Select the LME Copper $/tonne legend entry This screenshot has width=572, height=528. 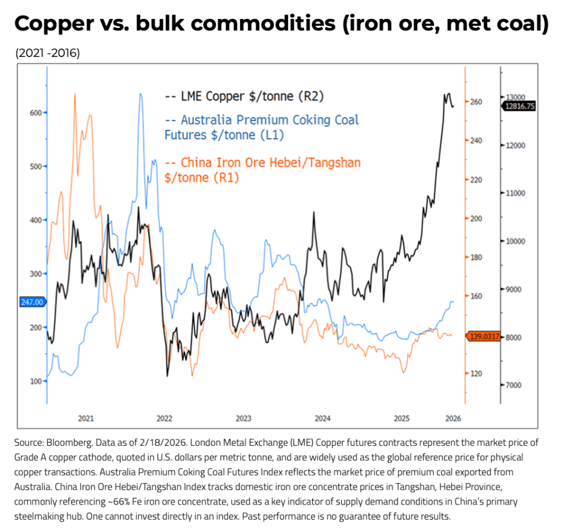[245, 96]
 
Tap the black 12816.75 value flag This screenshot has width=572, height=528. [518, 106]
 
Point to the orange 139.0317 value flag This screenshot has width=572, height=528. [481, 337]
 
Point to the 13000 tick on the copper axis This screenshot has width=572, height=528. [515, 97]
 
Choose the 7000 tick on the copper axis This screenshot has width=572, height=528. [514, 386]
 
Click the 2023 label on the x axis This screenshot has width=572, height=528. [244, 418]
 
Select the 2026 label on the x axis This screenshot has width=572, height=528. [453, 418]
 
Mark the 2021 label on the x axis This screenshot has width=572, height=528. [86, 418]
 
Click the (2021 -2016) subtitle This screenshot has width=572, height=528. [47, 54]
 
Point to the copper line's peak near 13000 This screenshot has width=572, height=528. [447, 94]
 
